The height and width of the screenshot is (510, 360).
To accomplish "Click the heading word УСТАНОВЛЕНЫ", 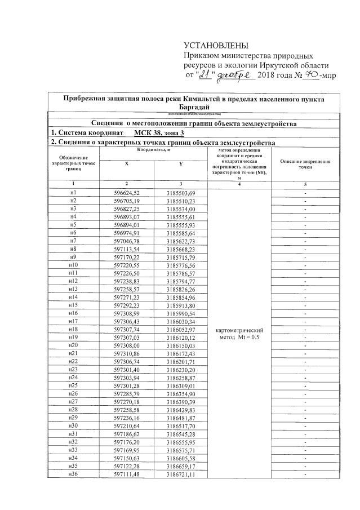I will (x=216, y=46).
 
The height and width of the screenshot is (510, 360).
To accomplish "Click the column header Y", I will (x=180, y=163).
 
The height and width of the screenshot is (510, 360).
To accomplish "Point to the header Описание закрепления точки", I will (x=305, y=164).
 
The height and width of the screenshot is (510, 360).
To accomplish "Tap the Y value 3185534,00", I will (x=180, y=209).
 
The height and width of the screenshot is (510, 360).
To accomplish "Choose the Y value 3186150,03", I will (x=180, y=344).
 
